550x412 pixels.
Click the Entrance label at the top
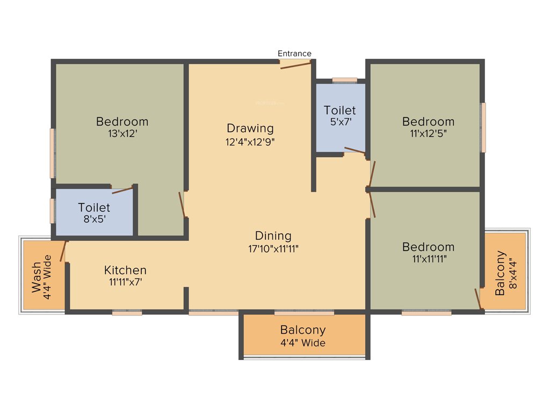(294, 54)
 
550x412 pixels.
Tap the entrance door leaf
(295, 65)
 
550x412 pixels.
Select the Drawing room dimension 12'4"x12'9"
(250, 142)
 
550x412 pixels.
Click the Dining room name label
(273, 236)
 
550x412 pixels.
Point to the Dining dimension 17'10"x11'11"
(273, 249)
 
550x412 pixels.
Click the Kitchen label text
(125, 270)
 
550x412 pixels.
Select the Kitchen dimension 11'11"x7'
(125, 282)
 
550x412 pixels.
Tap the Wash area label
(36, 277)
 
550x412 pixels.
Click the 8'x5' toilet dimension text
(94, 219)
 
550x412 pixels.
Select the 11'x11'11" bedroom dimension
(428, 259)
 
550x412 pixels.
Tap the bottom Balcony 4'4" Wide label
(303, 336)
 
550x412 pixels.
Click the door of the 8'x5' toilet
(122, 189)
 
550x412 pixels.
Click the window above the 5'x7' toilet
(344, 80)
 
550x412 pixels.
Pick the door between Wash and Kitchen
(63, 251)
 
